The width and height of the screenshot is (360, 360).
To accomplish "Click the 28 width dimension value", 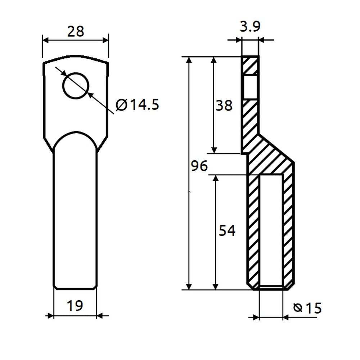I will pyautogui.click(x=76, y=32).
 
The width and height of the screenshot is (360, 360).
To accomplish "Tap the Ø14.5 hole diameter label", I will pyautogui.click(x=138, y=105).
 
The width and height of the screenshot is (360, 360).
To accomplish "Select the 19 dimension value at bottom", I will pyautogui.click(x=75, y=306).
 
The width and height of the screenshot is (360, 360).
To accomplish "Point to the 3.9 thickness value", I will pyautogui.click(x=250, y=27).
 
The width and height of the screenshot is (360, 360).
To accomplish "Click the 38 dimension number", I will pyautogui.click(x=224, y=106).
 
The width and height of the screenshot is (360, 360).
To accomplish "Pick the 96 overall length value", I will pyautogui.click(x=199, y=166).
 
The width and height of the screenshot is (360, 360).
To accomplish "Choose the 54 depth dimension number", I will pyautogui.click(x=227, y=231).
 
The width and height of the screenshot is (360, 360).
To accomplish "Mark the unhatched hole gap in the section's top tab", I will pyautogui.click(x=250, y=87).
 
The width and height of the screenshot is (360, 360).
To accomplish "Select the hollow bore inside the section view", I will pyautogui.click(x=271, y=230).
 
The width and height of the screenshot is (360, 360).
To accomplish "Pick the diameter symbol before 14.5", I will pyautogui.click(x=122, y=105).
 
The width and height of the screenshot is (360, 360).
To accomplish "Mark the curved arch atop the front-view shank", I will pyautogui.click(x=75, y=134).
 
